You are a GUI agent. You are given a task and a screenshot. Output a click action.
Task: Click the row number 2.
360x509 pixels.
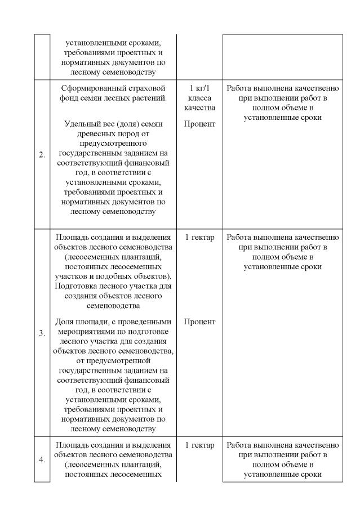point(42,156)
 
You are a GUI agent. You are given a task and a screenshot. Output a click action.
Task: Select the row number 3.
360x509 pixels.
point(42,333)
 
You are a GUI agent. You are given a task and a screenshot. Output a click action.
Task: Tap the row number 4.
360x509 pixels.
point(42,459)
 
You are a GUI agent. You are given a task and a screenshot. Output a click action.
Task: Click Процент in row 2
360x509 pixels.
point(199,123)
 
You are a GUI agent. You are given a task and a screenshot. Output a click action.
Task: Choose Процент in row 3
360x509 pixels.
point(199,322)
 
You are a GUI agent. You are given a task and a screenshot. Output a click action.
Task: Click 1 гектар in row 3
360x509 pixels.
point(199,238)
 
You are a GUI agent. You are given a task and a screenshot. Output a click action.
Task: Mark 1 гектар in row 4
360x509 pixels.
point(199,445)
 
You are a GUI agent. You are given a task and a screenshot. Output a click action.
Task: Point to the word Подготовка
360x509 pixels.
point(78,285)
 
